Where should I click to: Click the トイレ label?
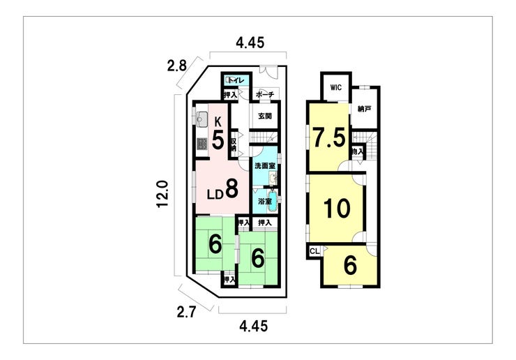click(x=234, y=80)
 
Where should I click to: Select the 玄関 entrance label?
click(x=264, y=117)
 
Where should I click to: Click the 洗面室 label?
click(x=264, y=166)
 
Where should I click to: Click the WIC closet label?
click(x=335, y=87)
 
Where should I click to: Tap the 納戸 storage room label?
click(x=363, y=109)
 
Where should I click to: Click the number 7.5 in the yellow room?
click(x=328, y=137)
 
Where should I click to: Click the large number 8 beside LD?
click(x=232, y=188)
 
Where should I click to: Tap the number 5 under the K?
click(x=218, y=140)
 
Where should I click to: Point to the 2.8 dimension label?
click(x=176, y=66)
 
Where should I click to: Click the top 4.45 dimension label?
click(x=250, y=43)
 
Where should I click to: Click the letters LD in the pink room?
click(x=214, y=195)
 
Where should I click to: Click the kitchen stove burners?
click(x=202, y=144)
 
